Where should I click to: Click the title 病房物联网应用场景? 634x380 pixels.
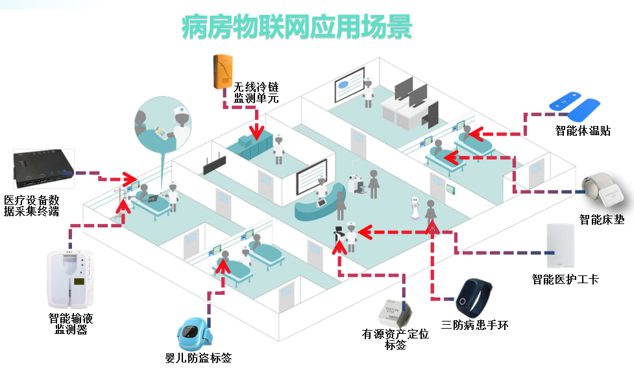click(297, 29)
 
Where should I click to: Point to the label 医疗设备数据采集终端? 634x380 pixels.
click(32, 205)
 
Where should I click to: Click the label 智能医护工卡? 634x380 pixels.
click(565, 280)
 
